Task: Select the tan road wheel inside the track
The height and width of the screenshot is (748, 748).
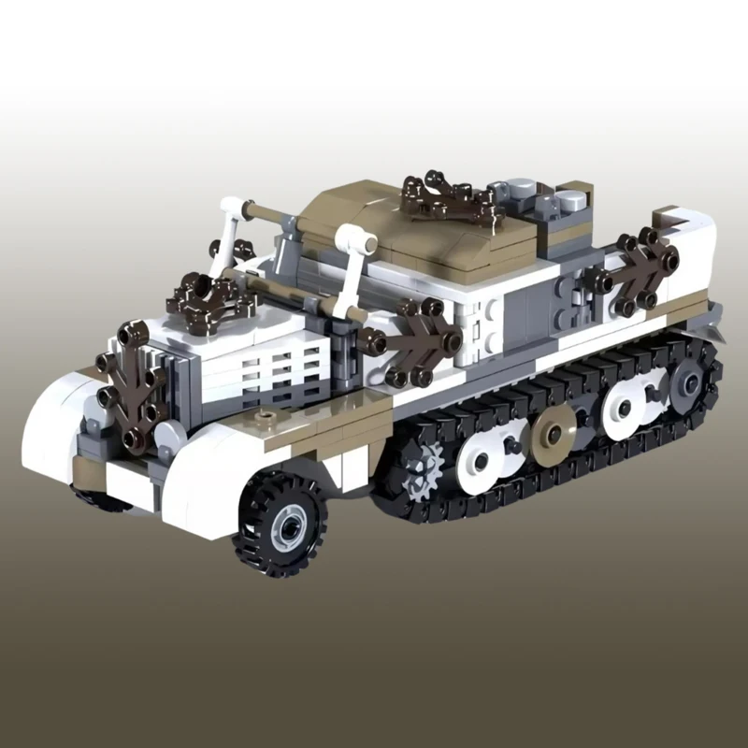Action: click(x=554, y=432)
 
